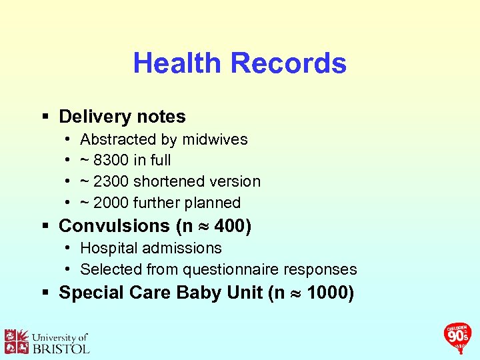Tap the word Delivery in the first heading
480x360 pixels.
coord(95,117)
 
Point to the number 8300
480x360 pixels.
coord(113,160)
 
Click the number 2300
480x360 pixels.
coord(113,181)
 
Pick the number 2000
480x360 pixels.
coord(113,202)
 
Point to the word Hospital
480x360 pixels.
coord(107,248)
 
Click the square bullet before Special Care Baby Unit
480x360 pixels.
coord(46,293)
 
